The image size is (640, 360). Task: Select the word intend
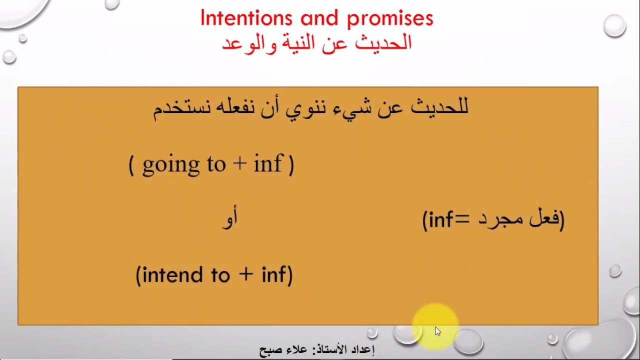[x=168, y=275]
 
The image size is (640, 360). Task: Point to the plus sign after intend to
[x=245, y=275]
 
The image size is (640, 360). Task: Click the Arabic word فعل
[x=544, y=219]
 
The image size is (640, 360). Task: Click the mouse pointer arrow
[x=438, y=331]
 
